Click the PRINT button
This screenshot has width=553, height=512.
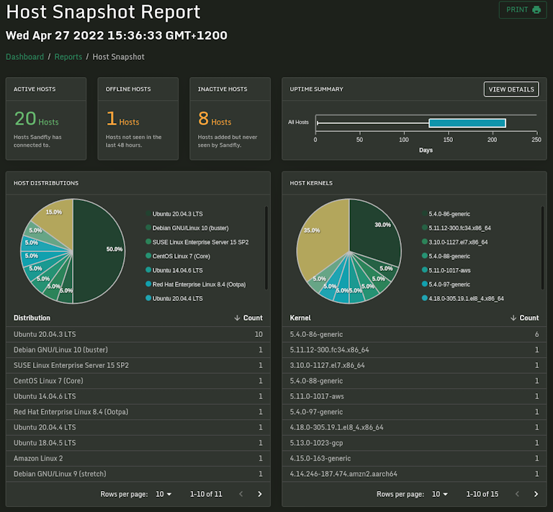[x=522, y=10]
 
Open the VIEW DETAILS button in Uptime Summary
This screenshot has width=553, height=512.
[x=511, y=89]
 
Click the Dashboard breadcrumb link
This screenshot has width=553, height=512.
[x=24, y=57]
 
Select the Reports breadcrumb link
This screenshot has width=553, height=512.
[x=68, y=57]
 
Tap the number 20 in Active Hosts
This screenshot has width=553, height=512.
[x=24, y=120]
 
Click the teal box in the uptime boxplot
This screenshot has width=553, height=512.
[x=467, y=123]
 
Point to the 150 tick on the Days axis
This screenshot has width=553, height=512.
[x=448, y=140]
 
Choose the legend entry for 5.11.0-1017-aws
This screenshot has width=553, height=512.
[x=449, y=270]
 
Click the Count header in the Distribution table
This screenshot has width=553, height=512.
[x=248, y=318]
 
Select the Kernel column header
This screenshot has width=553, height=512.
[x=300, y=318]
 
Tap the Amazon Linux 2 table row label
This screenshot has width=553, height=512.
[x=38, y=458]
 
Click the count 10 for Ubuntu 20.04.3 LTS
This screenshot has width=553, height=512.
[x=258, y=334]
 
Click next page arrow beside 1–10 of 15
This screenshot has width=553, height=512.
[x=536, y=494]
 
